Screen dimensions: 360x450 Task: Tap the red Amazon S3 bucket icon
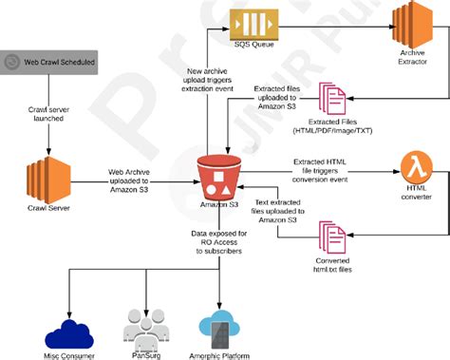[x=218, y=174]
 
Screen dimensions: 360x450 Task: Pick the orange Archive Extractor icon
[x=413, y=24]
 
